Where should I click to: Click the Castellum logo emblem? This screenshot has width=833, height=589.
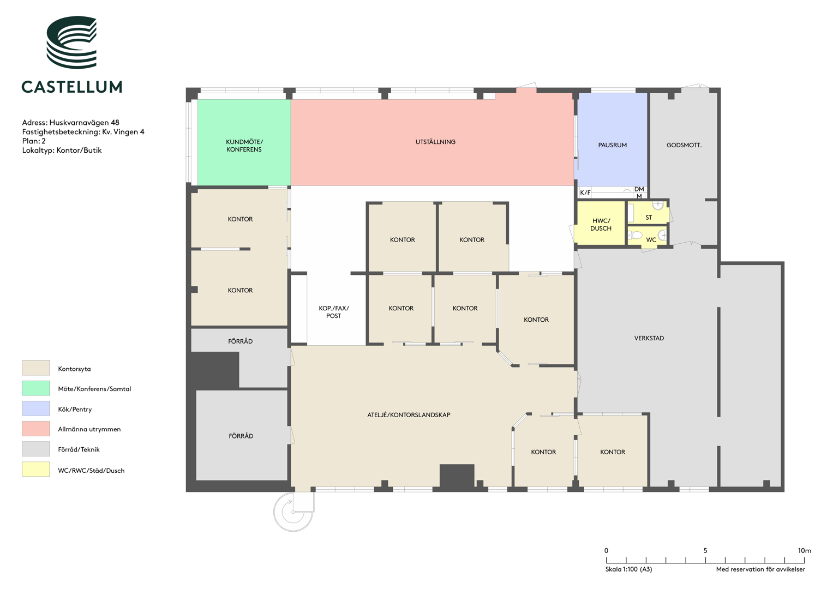71,42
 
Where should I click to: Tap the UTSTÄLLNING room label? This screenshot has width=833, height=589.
435,142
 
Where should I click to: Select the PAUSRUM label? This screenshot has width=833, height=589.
612,145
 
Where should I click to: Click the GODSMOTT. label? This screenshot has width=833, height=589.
684,145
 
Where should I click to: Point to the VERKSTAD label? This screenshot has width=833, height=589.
649,338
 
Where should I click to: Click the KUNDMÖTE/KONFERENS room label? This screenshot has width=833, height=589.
244,146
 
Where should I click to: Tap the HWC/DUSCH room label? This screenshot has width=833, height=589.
601,225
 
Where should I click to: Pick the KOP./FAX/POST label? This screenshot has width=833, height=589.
333,312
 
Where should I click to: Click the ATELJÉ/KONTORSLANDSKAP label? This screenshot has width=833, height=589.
409,414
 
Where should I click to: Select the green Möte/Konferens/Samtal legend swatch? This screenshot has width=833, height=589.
35,388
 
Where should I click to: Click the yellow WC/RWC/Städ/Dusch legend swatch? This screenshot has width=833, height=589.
35,469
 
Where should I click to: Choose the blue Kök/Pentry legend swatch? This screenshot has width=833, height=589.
35,408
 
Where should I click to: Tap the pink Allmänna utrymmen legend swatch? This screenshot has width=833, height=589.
35,428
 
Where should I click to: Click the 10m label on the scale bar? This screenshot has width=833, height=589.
805,550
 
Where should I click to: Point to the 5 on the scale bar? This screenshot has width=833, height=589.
705,550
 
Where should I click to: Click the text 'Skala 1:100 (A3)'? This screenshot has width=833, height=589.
628,569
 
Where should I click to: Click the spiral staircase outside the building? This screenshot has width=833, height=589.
293,511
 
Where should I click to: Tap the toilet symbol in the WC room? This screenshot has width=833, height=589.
636,235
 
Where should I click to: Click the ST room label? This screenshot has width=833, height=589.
649,218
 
